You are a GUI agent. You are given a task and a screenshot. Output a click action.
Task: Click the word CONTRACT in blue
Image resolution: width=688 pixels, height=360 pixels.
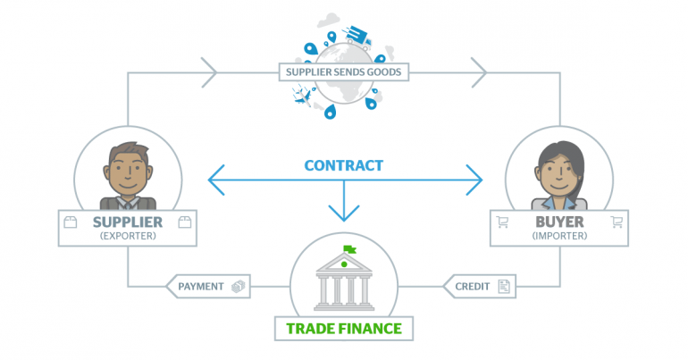(x=343, y=165)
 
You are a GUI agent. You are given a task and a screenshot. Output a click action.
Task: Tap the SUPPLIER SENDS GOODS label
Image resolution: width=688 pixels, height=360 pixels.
(x=344, y=71)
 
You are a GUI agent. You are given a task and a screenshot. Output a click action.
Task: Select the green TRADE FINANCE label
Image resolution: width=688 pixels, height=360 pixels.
(x=344, y=328)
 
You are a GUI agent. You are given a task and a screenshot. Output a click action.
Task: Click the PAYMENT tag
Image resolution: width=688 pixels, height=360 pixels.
(x=201, y=287)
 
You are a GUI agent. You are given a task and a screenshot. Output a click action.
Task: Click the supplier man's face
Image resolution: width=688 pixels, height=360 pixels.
(x=126, y=167)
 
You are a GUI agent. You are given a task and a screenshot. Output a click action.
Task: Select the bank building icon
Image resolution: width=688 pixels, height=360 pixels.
(x=344, y=281)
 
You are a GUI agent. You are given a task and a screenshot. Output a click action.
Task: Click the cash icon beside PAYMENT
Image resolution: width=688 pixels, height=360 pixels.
(x=238, y=287)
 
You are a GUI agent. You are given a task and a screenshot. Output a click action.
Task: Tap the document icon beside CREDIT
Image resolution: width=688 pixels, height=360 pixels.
(x=504, y=287)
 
